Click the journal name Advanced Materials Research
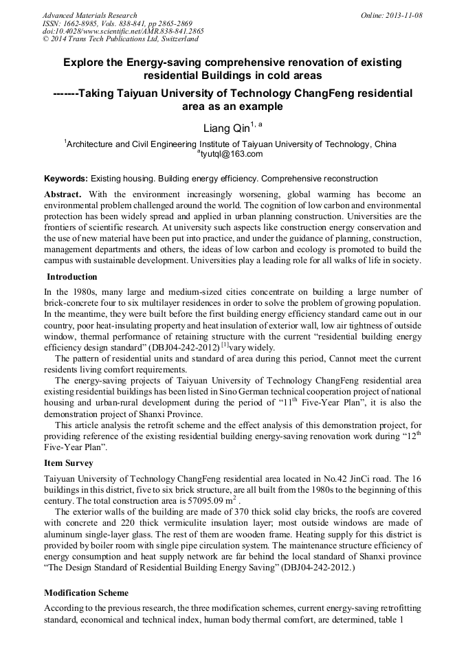pos(89,15)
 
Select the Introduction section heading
pos(71,277)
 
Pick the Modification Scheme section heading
pos(86,592)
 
